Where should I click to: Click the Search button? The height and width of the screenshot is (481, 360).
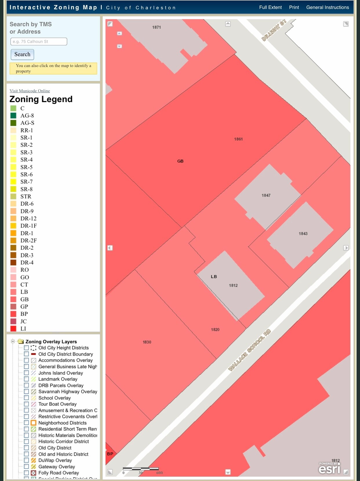point(22,55)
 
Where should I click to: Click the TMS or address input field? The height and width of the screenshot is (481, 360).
point(39,41)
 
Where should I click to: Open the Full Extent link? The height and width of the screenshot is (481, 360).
point(270,7)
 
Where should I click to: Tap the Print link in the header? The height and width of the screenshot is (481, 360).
point(294,7)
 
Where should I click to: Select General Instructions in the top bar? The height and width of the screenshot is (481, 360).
point(328,7)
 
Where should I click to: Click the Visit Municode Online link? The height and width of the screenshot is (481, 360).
point(30,91)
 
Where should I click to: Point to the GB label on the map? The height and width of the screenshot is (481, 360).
point(180,161)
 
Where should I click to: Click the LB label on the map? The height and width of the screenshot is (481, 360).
point(214,276)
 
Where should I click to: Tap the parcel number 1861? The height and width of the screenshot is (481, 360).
point(238,139)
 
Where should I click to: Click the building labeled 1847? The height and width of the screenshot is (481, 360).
point(266,196)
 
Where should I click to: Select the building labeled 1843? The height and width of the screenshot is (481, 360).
point(303,234)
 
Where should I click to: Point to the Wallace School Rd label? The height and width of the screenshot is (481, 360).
point(249,350)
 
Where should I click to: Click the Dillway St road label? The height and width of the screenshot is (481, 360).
point(274,30)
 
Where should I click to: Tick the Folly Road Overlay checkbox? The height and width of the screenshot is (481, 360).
point(26,473)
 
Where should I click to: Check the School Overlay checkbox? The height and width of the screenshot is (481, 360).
point(26,398)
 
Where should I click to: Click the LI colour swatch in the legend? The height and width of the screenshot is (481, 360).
point(13,328)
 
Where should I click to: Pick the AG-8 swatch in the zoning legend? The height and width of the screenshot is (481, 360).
point(13,115)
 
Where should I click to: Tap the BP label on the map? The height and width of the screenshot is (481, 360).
point(110,454)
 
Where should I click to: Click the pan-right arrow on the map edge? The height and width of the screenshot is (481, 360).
point(346,248)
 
